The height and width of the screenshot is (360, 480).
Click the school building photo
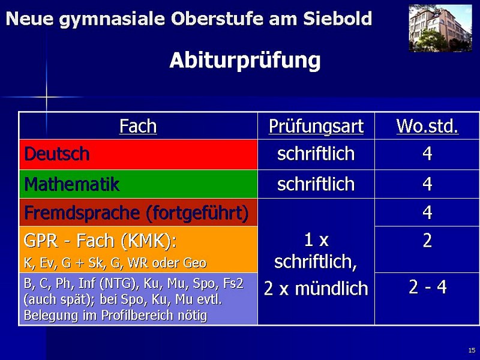(440, 28)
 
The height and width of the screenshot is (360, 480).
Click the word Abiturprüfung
(245, 61)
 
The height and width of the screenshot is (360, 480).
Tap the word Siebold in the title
(337, 19)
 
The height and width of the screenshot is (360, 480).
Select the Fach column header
(138, 126)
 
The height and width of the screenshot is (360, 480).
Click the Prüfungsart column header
(316, 126)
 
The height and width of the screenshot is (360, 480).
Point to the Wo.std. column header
(427, 126)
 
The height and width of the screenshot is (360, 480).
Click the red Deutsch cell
(139, 154)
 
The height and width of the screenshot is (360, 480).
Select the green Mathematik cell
(139, 184)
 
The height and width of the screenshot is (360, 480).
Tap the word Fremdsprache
(82, 213)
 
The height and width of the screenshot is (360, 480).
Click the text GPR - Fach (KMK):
(100, 241)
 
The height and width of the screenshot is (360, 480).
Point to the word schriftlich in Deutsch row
(316, 154)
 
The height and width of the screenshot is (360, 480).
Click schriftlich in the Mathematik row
(316, 184)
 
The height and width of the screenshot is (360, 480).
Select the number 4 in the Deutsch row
(427, 154)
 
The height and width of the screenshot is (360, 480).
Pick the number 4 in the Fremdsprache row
(427, 212)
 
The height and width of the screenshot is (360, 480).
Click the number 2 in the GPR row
(427, 241)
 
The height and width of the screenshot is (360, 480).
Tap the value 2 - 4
(428, 287)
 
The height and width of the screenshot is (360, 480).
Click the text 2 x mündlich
(316, 289)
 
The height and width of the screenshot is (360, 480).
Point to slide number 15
(472, 350)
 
